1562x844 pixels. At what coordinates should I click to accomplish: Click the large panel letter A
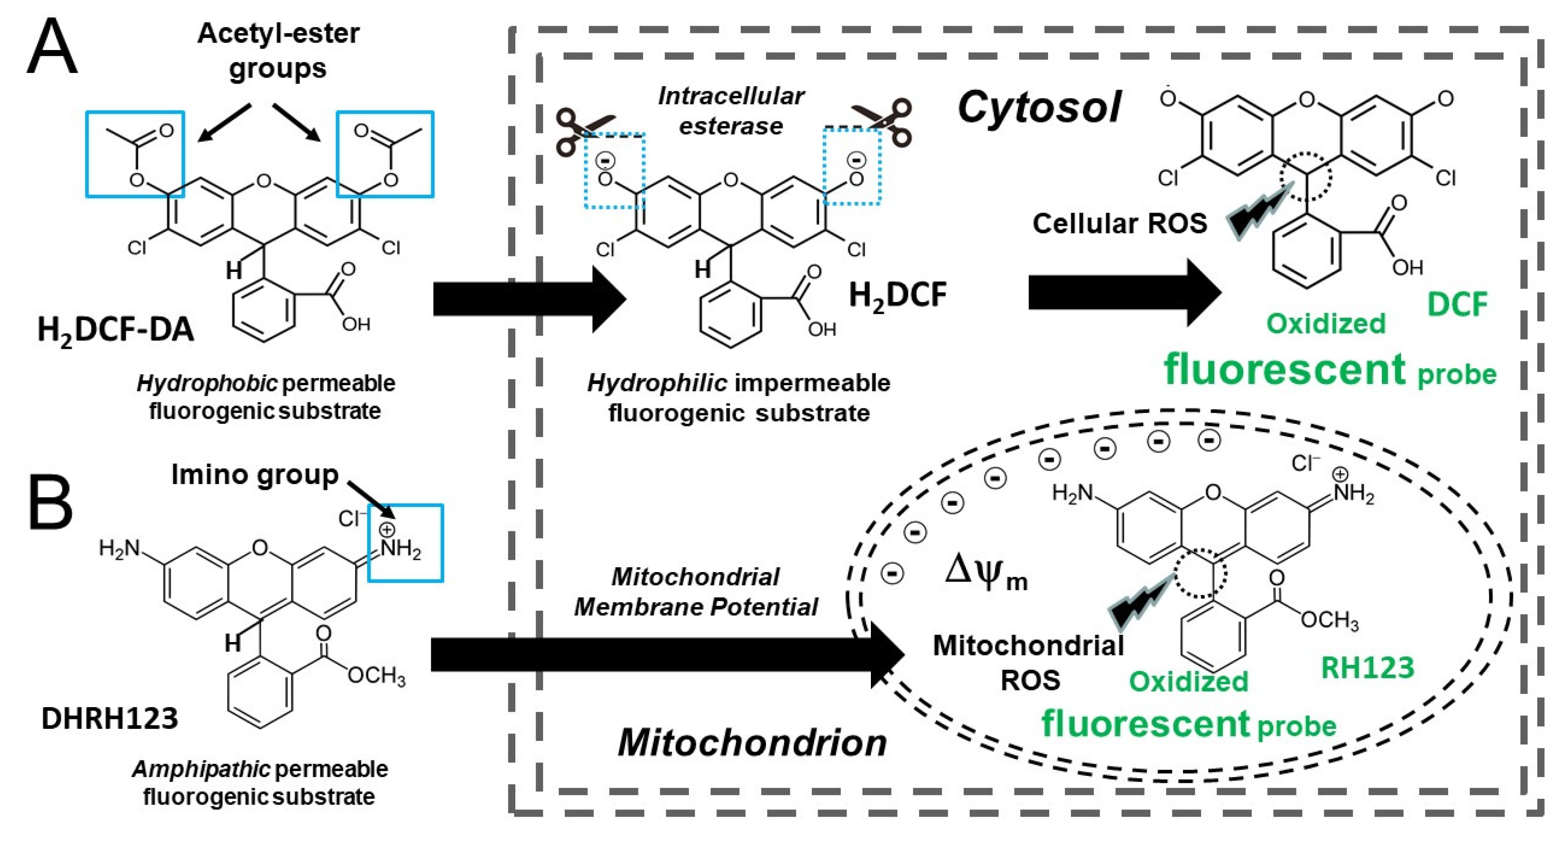[x=52, y=47]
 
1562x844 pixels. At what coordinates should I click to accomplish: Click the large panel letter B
[x=51, y=504]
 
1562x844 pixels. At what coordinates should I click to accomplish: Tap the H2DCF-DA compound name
[x=115, y=330]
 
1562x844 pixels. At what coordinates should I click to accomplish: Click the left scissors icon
[x=582, y=130]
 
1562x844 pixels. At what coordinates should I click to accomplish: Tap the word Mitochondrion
[x=752, y=742]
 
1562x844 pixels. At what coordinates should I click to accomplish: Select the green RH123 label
[x=1367, y=668]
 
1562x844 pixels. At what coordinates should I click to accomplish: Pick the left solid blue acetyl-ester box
[x=135, y=154]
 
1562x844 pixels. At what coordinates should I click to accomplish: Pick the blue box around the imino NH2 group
[x=405, y=542]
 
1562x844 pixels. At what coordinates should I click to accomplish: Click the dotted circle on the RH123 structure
[x=1200, y=573]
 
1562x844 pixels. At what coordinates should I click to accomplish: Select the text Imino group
[x=255, y=474]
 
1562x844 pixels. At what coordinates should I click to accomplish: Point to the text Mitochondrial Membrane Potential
[x=696, y=591]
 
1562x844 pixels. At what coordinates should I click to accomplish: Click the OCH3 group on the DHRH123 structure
[x=376, y=674]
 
